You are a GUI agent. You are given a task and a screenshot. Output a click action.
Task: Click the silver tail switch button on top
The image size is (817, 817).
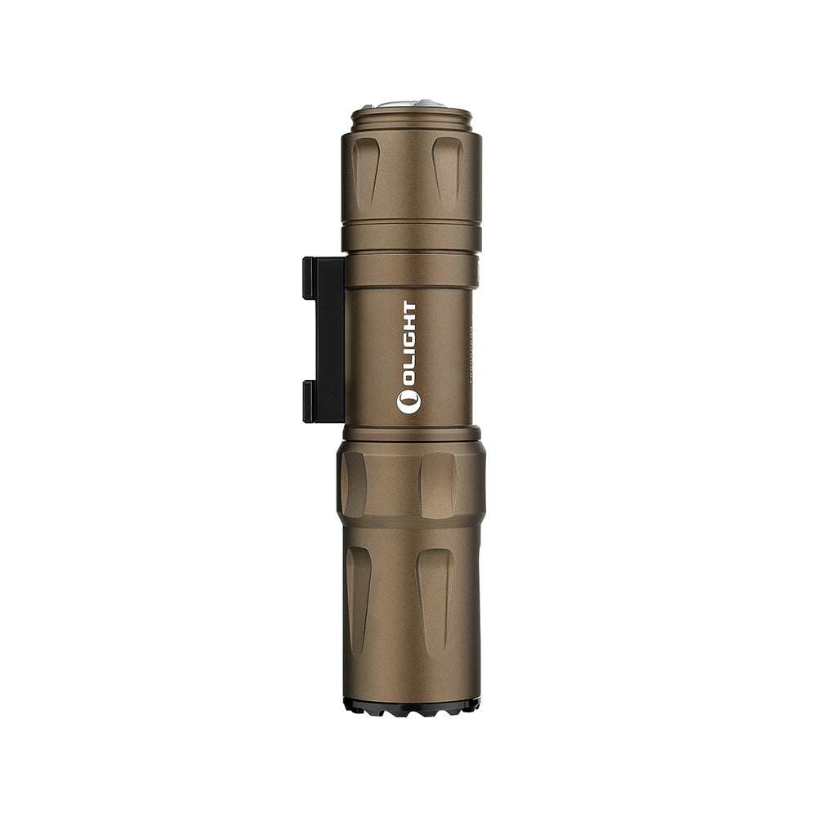click(x=411, y=105)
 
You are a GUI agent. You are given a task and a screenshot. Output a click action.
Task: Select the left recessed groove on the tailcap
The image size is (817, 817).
click(x=365, y=172)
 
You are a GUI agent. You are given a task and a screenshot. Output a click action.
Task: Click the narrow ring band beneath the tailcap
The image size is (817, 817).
click(x=411, y=236)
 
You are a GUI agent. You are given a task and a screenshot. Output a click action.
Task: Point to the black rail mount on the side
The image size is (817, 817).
click(x=324, y=339)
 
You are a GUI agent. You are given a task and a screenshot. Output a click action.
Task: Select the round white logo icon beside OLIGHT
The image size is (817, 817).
click(x=408, y=401)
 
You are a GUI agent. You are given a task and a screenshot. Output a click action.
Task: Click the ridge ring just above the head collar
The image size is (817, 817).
click(x=411, y=433)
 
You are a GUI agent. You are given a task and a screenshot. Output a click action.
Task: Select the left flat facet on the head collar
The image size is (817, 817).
click(x=354, y=484)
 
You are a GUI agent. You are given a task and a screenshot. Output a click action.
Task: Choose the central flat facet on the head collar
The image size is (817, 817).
click(x=437, y=484)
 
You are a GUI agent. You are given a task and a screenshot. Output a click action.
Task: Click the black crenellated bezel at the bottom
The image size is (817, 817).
click(x=411, y=706)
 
